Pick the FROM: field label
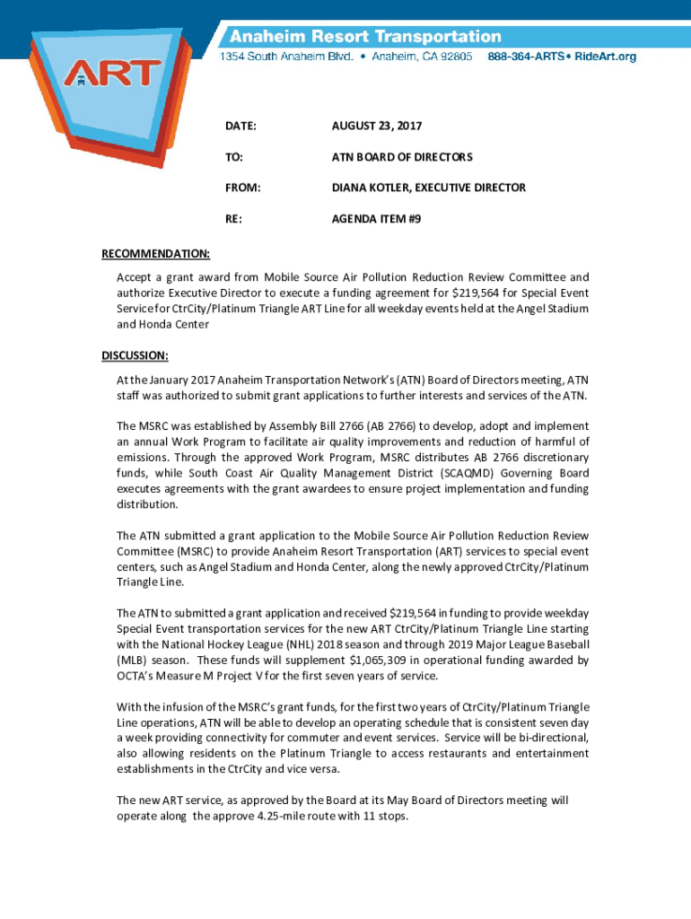242,188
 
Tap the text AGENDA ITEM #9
363,218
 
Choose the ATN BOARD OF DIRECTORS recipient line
389,157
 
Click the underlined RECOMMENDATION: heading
155,254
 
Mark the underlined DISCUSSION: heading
135,355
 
